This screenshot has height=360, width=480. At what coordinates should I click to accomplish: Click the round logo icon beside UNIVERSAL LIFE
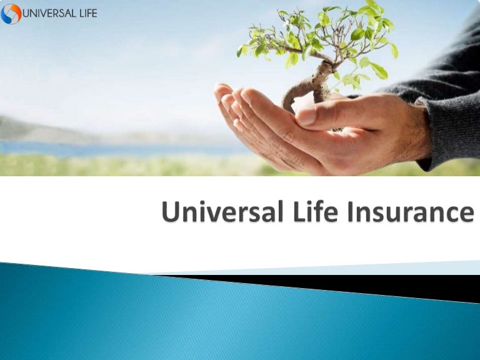click(11, 13)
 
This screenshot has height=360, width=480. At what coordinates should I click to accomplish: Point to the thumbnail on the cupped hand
click(306, 115)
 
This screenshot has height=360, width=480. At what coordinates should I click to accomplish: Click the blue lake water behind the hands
click(94, 148)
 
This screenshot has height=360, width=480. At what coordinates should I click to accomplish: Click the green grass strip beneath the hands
click(125, 165)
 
